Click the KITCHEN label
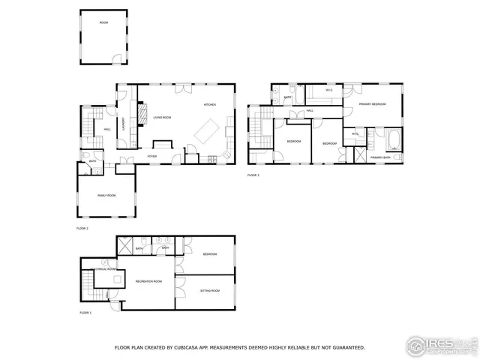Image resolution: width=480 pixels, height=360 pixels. [x=209, y=106]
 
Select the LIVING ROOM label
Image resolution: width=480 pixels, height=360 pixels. [x=163, y=118]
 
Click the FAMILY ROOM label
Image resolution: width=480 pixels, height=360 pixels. [x=107, y=195]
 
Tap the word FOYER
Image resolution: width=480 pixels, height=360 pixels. [x=152, y=156]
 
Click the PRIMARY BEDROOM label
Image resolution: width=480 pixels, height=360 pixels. [x=373, y=104]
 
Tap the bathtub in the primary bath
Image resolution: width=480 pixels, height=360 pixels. [x=393, y=139]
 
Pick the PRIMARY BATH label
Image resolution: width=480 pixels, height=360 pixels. [x=380, y=157]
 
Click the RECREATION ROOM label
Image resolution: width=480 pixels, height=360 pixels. [x=148, y=281]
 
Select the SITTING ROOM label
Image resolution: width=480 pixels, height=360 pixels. [x=210, y=290]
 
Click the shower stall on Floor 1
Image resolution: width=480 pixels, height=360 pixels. [x=124, y=245]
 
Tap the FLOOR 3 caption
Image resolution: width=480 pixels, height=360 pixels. [x=253, y=175]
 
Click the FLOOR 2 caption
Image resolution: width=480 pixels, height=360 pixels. [x=82, y=227]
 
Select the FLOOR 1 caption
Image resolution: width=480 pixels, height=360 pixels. [x=85, y=313]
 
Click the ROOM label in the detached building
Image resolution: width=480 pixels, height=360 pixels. [x=103, y=22]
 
